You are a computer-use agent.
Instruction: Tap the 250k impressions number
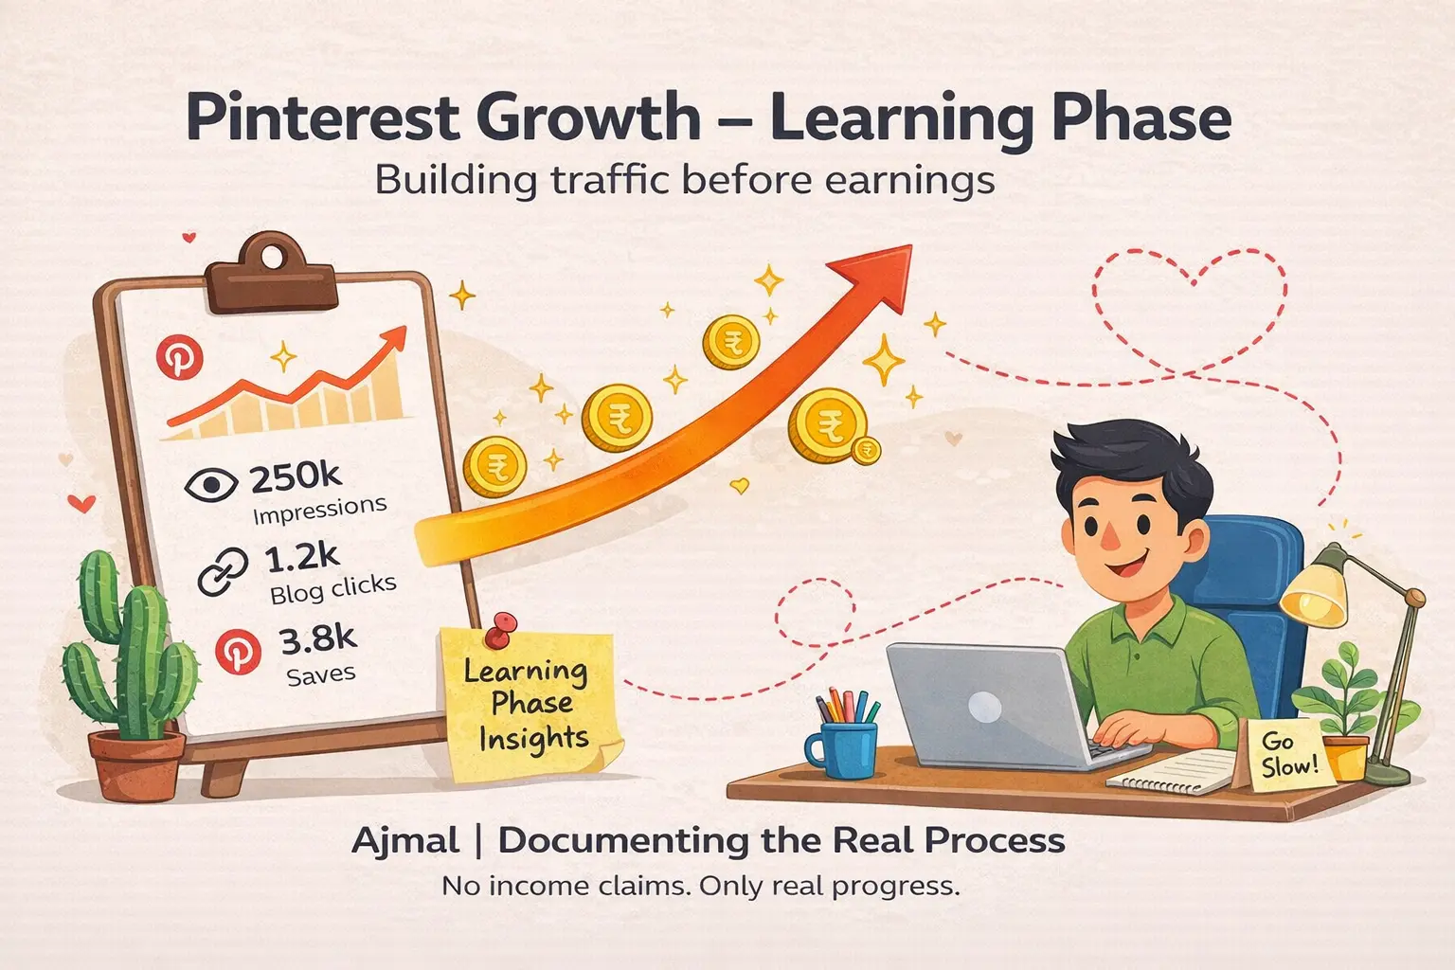click(x=296, y=478)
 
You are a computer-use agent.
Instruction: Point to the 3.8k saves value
click(x=317, y=640)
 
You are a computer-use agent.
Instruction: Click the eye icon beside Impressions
click(x=210, y=485)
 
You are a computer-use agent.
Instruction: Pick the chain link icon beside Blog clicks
click(x=224, y=571)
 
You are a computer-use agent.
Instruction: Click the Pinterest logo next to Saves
click(x=237, y=653)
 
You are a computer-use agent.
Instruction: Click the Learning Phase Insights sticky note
click(x=529, y=706)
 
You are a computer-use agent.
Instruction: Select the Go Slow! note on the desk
click(x=1287, y=753)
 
